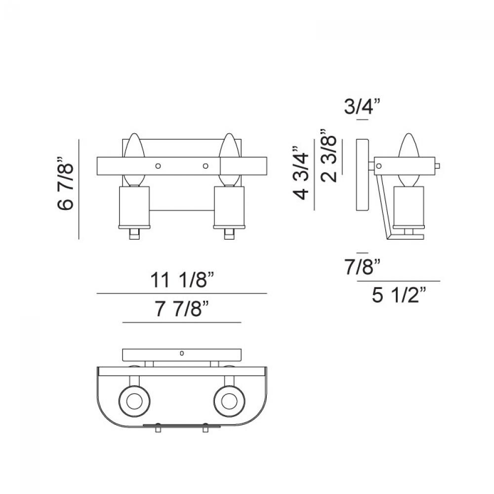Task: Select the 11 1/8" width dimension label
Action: (182, 280)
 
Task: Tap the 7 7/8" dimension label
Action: (182, 309)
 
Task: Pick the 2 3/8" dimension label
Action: (329, 156)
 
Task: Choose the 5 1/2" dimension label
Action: (399, 295)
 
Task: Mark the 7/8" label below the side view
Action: (363, 267)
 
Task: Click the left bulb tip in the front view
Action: (134, 134)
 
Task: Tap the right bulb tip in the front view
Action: (230, 134)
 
